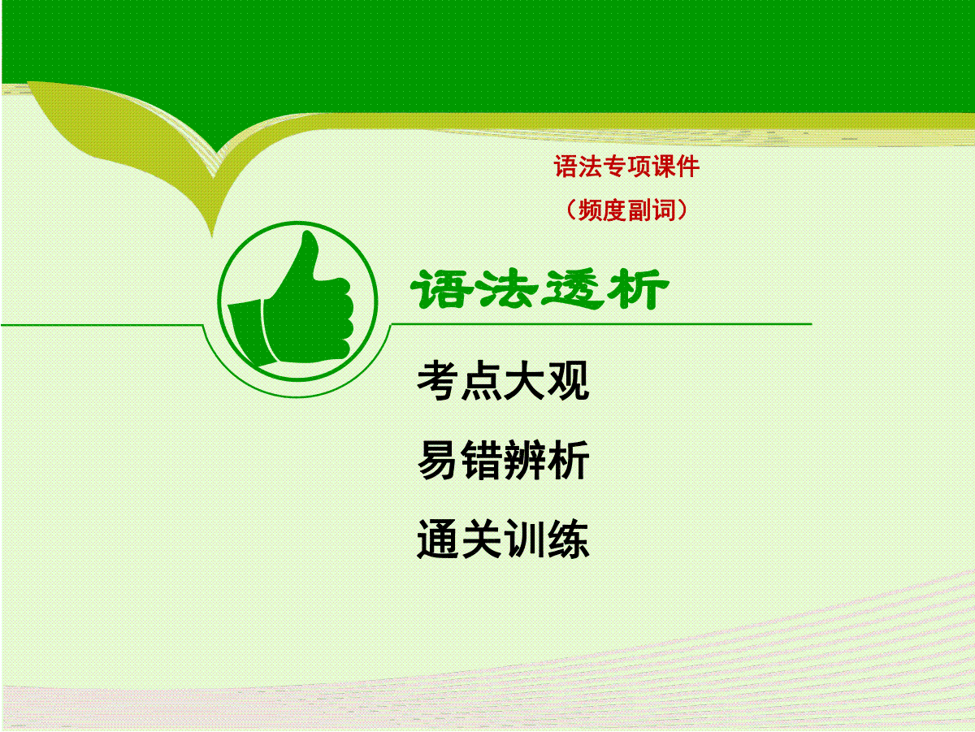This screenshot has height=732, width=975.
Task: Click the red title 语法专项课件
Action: tap(626, 167)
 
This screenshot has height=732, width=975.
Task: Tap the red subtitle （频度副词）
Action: tap(626, 210)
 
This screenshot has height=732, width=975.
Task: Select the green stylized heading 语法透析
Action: tap(539, 289)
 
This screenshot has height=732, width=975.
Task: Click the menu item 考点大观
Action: tap(503, 381)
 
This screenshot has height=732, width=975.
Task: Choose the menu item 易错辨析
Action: tap(503, 460)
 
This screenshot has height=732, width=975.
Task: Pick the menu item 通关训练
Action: tap(503, 539)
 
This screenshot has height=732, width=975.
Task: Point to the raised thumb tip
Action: tap(310, 236)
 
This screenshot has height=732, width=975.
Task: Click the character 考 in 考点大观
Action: tap(438, 381)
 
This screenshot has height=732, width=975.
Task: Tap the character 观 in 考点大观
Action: tap(569, 381)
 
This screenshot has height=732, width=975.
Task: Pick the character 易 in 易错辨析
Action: tap(438, 460)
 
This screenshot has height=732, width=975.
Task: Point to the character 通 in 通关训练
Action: tap(437, 539)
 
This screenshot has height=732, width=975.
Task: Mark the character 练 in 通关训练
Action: tap(569, 539)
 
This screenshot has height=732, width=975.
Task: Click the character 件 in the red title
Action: tap(688, 167)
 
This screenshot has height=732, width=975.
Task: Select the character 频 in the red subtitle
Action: tap(590, 210)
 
